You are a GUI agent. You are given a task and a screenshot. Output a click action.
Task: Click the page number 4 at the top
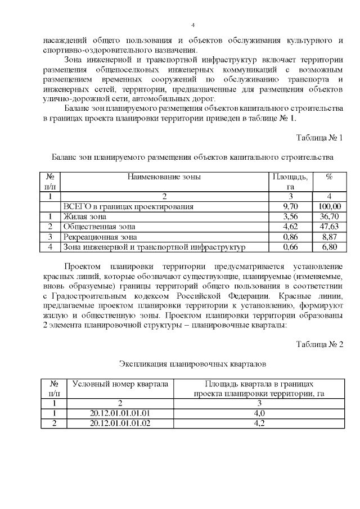click(x=193, y=25)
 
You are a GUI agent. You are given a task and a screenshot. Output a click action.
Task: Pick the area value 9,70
click(x=290, y=206)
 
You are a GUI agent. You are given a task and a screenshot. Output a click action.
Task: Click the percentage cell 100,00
click(x=329, y=206)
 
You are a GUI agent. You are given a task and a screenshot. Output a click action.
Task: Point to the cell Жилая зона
click(x=85, y=217)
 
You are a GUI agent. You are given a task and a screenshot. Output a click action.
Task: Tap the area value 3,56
click(x=290, y=217)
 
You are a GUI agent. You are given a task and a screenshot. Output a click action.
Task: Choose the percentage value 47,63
click(x=329, y=227)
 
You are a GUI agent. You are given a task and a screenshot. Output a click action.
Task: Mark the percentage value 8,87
click(x=329, y=237)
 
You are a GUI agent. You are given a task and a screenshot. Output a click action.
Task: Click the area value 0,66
click(x=290, y=247)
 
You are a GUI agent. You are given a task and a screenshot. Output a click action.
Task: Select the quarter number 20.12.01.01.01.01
click(x=120, y=413)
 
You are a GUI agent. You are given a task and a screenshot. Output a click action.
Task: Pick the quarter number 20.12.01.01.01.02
click(x=120, y=424)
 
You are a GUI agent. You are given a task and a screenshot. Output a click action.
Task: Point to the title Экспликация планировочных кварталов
click(x=192, y=364)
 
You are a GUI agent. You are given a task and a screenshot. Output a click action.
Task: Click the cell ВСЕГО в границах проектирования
click(x=129, y=206)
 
